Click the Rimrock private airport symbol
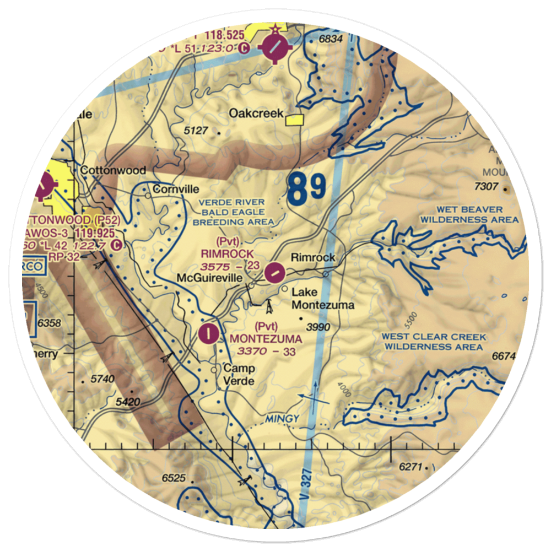tap(274, 271)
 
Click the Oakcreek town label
tap(256, 114)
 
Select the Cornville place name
tap(176, 189)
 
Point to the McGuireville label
tap(209, 278)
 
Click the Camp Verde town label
tap(239, 375)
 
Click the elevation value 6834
tap(331, 39)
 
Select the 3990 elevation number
tap(318, 327)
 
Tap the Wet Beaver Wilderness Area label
tap(469, 214)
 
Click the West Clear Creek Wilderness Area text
tap(435, 342)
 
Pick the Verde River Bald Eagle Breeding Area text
tap(233, 212)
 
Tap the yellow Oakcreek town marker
tap(298, 120)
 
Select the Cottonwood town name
tap(113, 170)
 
